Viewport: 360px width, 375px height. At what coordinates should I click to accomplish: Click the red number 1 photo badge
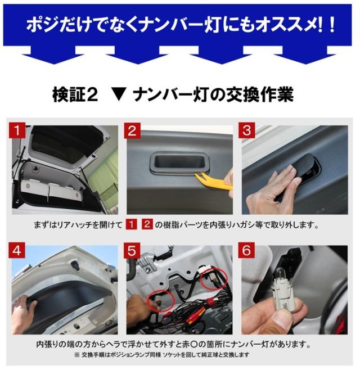[17, 130]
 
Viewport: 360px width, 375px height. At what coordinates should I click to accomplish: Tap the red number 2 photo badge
[132, 130]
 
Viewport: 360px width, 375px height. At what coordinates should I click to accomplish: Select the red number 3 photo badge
[247, 130]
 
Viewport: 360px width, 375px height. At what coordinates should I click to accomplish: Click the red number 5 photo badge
[132, 251]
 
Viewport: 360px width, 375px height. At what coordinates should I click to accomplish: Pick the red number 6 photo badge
[246, 251]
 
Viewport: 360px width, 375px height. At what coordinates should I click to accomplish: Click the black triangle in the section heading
[119, 95]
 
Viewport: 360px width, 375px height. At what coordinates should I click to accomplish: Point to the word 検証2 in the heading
[75, 95]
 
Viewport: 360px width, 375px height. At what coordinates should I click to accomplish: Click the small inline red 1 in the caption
[131, 224]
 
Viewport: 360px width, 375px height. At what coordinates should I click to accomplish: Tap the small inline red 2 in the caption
[147, 224]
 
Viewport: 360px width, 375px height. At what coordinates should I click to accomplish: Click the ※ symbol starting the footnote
[76, 355]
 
